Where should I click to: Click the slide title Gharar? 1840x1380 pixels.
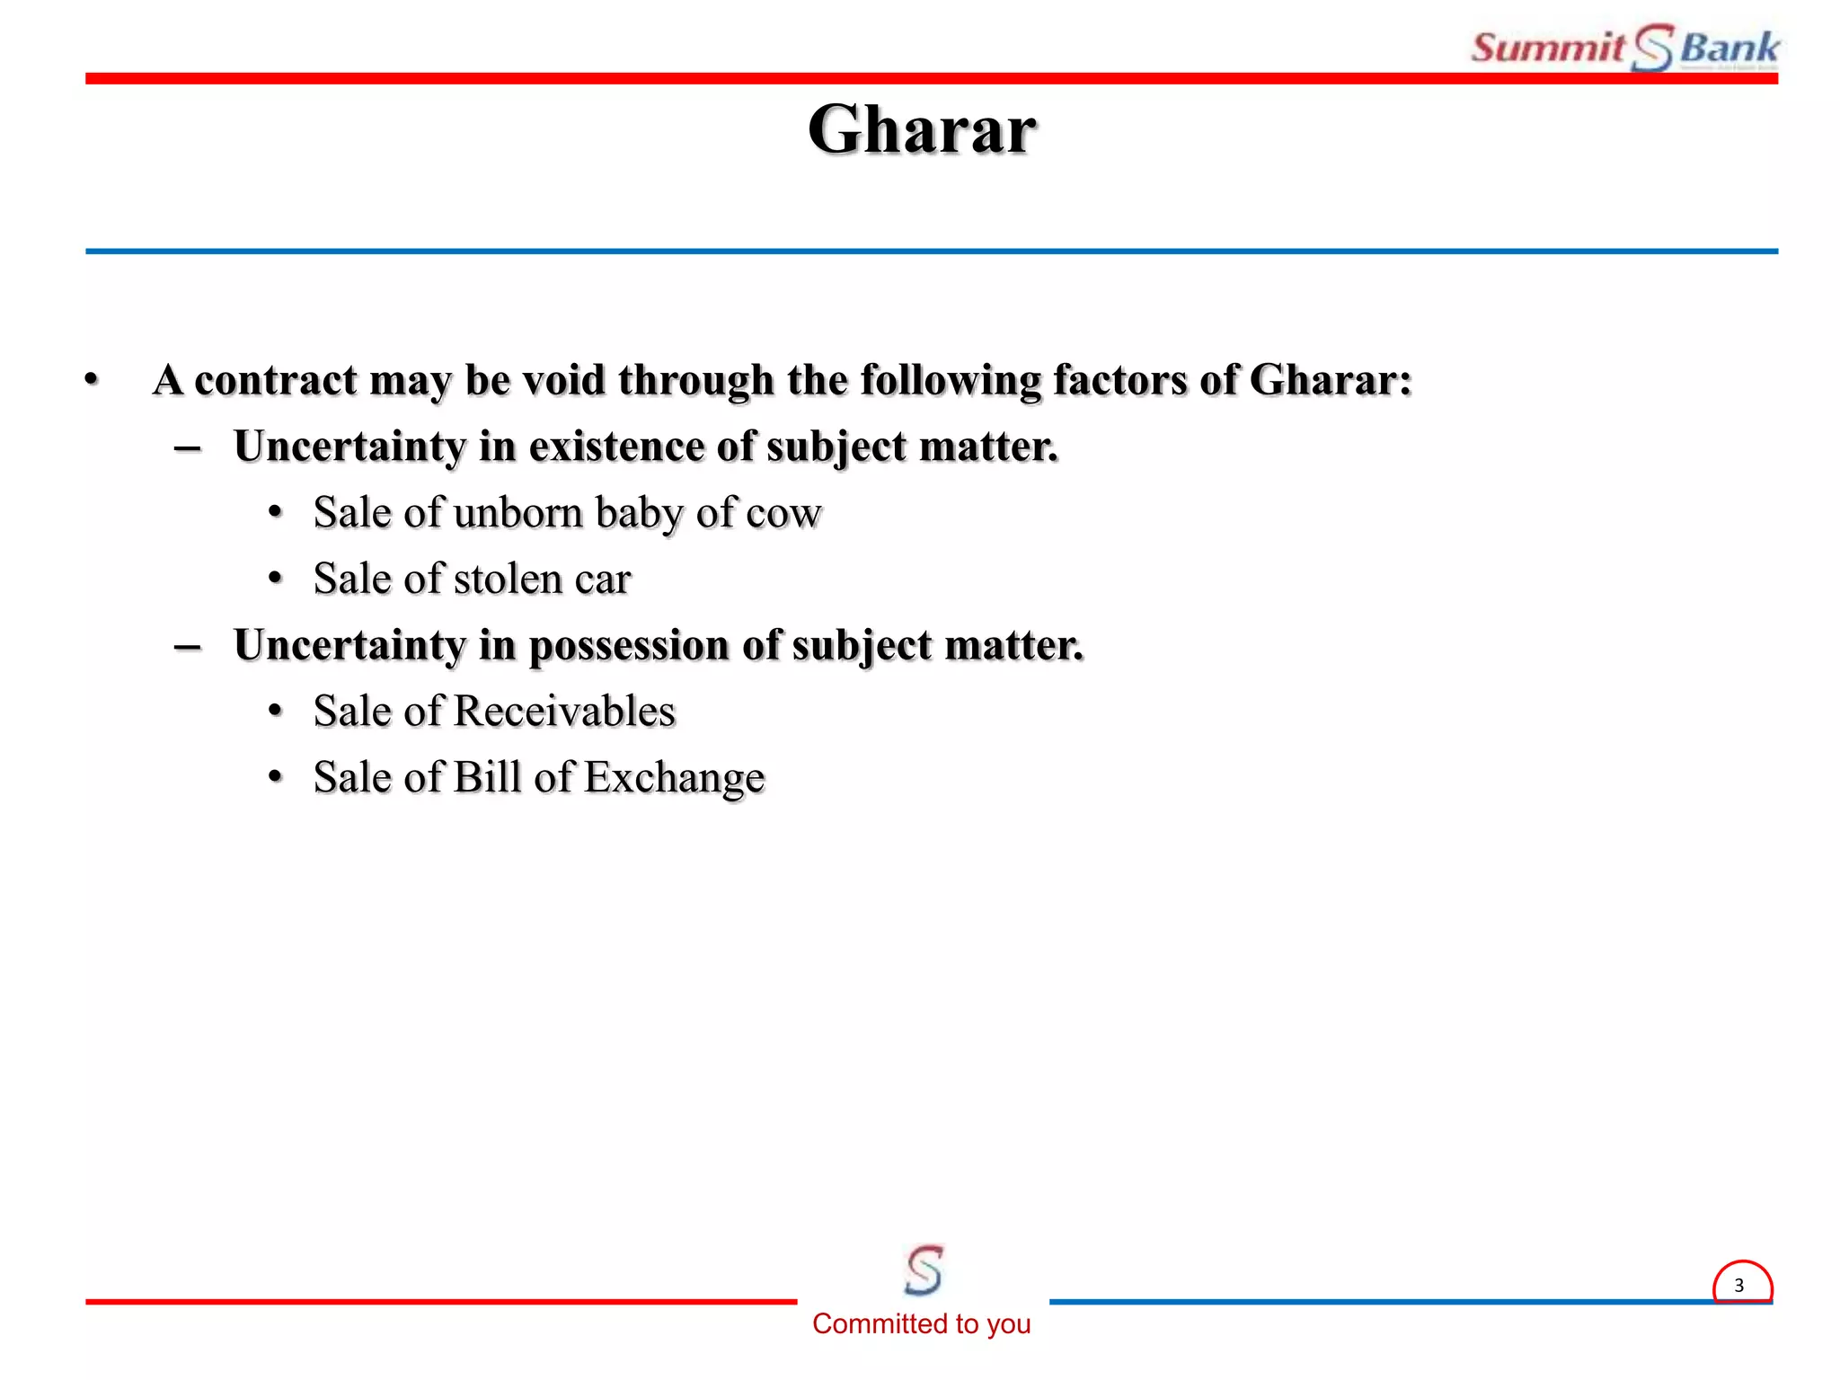(921, 129)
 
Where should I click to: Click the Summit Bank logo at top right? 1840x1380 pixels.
(1624, 47)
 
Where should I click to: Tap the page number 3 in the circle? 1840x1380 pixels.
(1738, 1285)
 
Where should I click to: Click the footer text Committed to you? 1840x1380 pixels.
(921, 1323)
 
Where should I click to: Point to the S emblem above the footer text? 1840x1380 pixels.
(924, 1269)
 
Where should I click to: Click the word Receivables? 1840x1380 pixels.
(564, 712)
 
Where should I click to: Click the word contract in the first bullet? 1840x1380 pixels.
(276, 380)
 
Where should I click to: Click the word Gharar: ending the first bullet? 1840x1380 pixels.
(1330, 380)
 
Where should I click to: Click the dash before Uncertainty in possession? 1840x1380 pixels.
(188, 646)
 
